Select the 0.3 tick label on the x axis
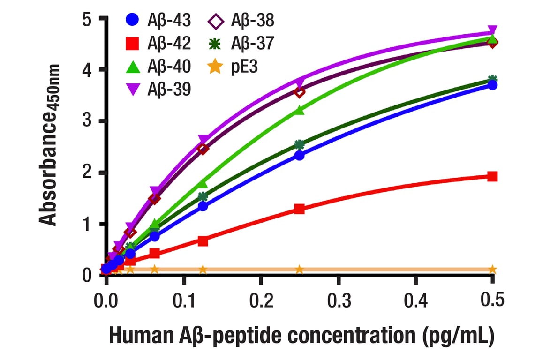338,300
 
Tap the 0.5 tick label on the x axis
492,300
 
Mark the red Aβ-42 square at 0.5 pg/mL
492,176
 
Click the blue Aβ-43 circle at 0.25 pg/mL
300,155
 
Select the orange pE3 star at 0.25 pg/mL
300,269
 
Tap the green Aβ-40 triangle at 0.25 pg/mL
300,110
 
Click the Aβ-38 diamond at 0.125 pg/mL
203,149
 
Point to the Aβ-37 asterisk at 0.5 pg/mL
492,79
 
